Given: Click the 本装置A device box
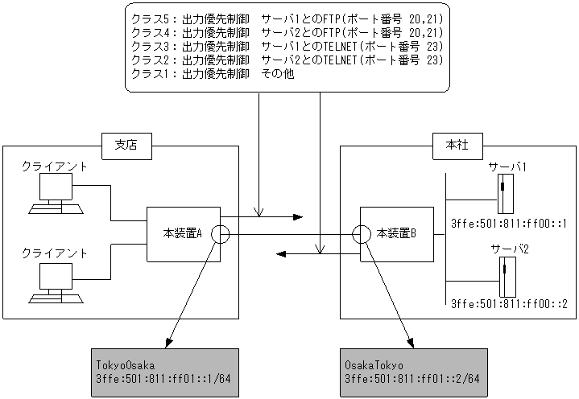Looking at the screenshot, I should coord(182,234).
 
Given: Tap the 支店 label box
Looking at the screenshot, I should coord(125,146).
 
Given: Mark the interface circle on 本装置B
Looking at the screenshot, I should coord(362,235).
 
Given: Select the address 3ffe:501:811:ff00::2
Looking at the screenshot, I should coord(509,304).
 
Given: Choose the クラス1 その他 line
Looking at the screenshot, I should coord(213,74).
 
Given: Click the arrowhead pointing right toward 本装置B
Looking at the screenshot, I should coord(297,217).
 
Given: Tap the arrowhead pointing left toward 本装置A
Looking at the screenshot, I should coord(282,253).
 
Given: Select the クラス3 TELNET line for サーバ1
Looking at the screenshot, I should coord(287,46).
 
